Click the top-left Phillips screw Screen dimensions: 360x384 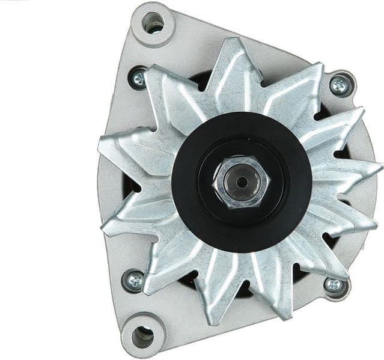point(138,77)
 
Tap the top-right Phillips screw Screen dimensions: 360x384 point(340,85)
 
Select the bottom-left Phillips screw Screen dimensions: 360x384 point(133,280)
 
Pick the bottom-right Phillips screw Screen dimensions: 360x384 point(334,285)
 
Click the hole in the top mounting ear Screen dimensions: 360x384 point(153,23)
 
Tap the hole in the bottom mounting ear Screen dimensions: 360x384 point(143,336)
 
